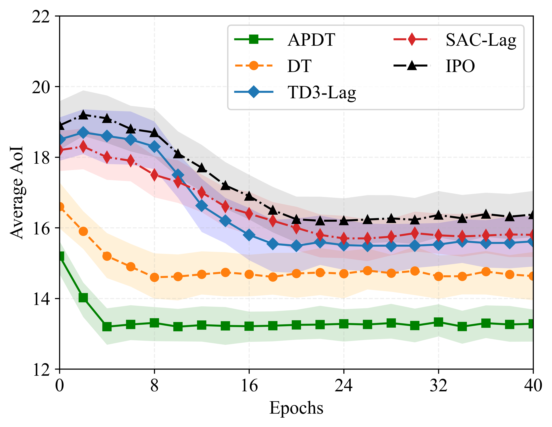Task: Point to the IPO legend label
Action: point(460,66)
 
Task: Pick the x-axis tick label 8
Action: point(154,386)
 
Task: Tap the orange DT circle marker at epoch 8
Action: point(154,277)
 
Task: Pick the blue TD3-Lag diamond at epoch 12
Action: point(202,206)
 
